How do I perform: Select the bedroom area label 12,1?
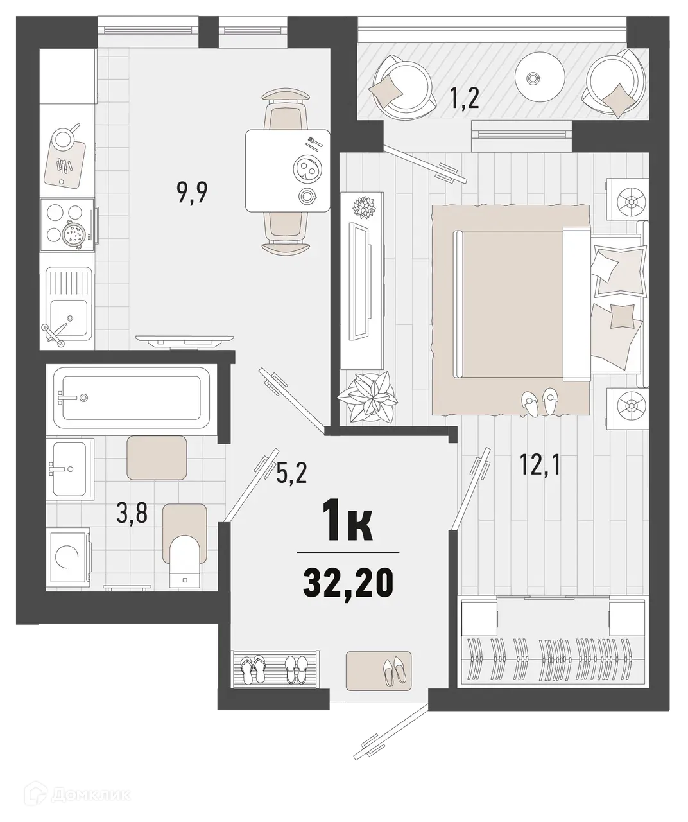click(540, 464)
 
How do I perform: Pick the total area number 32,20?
click(347, 584)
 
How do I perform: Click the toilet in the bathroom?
click(185, 554)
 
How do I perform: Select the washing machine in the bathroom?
click(67, 557)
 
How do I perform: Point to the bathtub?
click(131, 398)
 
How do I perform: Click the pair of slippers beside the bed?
click(539, 402)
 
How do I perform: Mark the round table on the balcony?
click(531, 78)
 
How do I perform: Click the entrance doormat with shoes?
click(378, 670)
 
